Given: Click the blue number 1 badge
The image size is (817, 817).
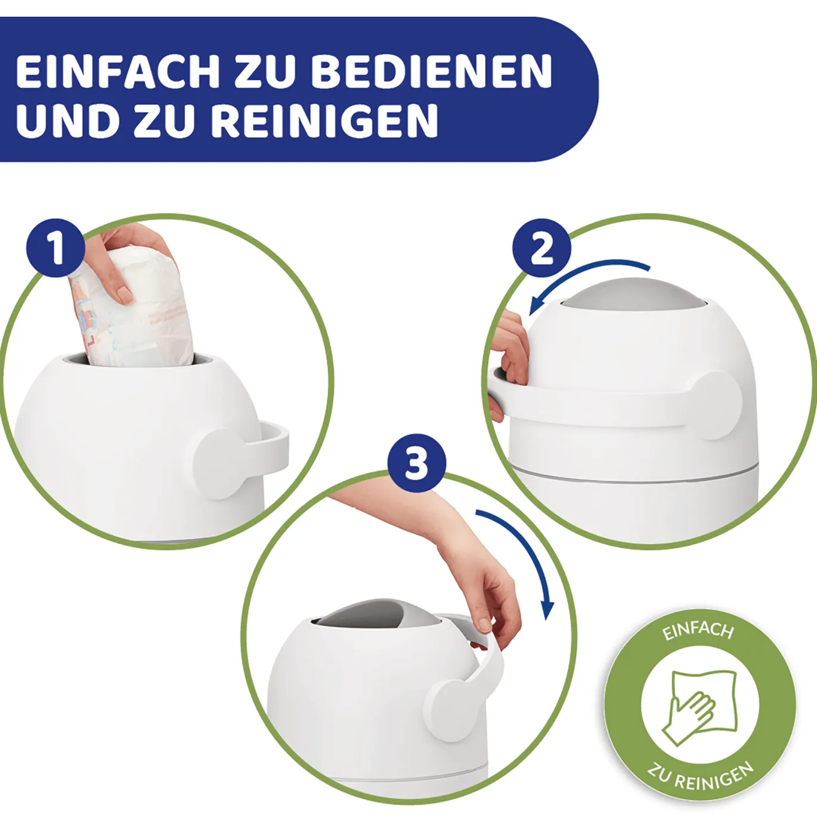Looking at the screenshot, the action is point(56,248).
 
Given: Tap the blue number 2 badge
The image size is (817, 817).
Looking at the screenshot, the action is point(541,248).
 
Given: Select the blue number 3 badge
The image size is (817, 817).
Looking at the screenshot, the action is point(417,463).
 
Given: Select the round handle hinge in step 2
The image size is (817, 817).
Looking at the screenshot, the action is point(716,405).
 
